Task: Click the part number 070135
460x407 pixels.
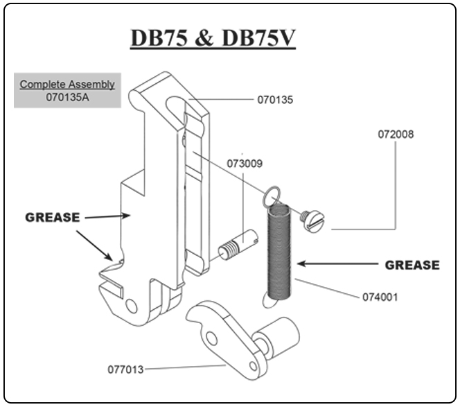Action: coord(275,100)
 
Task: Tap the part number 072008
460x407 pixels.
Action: coord(396,134)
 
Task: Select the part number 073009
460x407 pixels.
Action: coord(245,164)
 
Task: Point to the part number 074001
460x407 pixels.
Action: coord(380,297)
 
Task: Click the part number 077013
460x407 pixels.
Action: coord(125,370)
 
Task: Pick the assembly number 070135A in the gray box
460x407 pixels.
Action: coord(67,97)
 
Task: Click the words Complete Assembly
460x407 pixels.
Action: coord(67,85)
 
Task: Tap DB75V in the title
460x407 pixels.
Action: coord(258,40)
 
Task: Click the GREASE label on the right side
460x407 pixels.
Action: coord(412,265)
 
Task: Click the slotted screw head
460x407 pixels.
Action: coord(314,219)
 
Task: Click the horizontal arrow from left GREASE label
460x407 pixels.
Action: coord(107,216)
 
